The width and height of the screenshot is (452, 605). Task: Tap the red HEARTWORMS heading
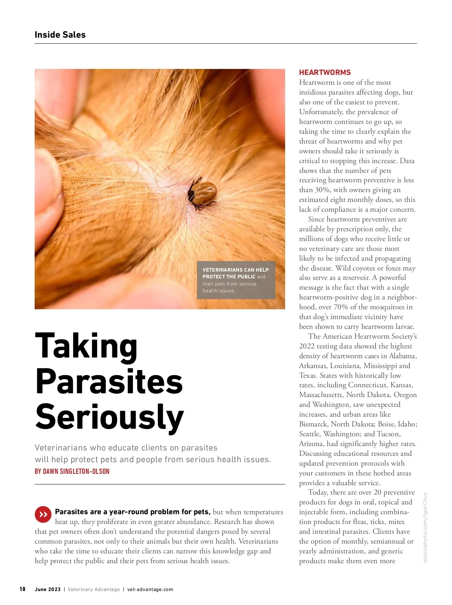pyautogui.click(x=325, y=72)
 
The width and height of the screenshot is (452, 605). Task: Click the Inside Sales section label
pyautogui.click(x=60, y=35)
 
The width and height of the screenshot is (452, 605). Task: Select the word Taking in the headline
pyautogui.click(x=86, y=346)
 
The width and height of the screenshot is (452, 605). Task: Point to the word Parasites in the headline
pyautogui.click(x=109, y=381)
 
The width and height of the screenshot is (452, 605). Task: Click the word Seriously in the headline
pyautogui.click(x=109, y=417)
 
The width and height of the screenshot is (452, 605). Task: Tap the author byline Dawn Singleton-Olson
pyautogui.click(x=72, y=471)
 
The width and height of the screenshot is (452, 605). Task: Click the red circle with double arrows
pyautogui.click(x=43, y=514)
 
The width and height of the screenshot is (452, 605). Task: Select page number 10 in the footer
pyautogui.click(x=23, y=589)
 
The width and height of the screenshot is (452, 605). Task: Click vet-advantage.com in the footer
pyautogui.click(x=150, y=590)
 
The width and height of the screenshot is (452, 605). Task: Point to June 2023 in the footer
pyautogui.click(x=47, y=590)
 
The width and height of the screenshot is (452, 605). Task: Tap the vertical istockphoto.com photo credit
pyautogui.click(x=425, y=527)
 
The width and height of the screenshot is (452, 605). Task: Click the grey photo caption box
pyautogui.click(x=236, y=280)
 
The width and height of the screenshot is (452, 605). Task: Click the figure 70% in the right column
pyautogui.click(x=341, y=307)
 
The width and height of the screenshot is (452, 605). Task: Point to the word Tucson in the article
pyautogui.click(x=388, y=434)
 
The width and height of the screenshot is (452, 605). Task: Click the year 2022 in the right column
pyautogui.click(x=307, y=346)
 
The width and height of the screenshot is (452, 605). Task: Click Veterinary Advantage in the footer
pyautogui.click(x=94, y=590)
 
